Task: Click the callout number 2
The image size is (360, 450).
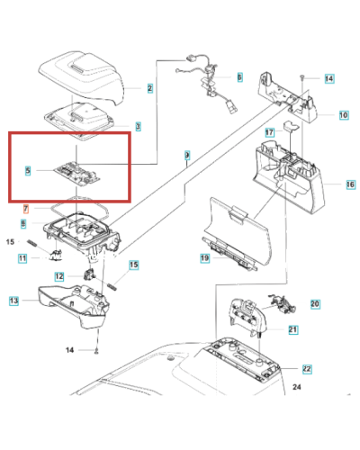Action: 149,88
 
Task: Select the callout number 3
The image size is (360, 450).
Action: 138,127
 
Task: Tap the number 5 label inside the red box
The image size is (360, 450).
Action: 29,170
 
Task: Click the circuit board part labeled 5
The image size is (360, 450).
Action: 76,170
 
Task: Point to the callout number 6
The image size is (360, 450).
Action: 238,77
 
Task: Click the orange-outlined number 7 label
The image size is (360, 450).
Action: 26,209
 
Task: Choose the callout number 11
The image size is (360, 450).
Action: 22,258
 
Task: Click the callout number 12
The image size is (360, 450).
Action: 58,276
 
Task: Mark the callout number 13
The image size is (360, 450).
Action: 13,300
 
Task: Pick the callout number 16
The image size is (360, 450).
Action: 350,184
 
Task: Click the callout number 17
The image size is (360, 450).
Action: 268,132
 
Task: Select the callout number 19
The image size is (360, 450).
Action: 204,258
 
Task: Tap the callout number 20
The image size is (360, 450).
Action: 315,304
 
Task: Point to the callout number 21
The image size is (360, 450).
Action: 293,330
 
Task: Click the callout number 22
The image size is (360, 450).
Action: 307,369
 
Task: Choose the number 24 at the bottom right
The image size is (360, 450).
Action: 298,388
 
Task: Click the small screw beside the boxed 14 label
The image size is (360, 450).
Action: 304,80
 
